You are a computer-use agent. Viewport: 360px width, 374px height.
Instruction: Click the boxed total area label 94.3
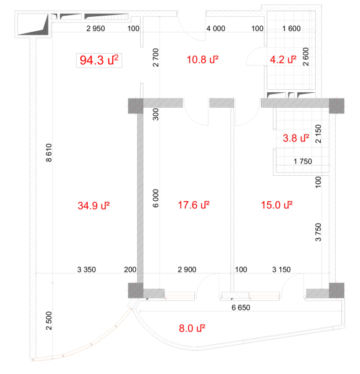click(99, 60)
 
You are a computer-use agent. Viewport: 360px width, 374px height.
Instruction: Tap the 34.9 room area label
click(93, 206)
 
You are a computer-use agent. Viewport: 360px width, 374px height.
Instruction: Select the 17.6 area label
click(194, 205)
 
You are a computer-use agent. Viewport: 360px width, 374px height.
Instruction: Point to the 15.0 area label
click(277, 205)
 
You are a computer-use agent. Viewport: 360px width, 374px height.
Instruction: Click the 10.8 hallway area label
click(202, 59)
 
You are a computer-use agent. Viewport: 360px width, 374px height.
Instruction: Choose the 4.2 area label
click(283, 59)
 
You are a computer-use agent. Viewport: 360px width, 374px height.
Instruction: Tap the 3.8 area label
click(296, 138)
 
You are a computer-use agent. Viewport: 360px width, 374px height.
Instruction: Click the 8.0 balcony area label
click(192, 328)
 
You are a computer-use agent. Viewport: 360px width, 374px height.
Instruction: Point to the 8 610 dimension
click(49, 153)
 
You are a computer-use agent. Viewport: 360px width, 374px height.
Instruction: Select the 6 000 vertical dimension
click(155, 198)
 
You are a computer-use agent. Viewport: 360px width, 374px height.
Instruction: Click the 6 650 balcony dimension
click(241, 307)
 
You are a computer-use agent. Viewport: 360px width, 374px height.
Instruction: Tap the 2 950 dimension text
click(95, 29)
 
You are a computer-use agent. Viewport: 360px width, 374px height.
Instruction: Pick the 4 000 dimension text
click(216, 29)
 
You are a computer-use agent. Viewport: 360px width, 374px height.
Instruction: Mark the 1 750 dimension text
click(303, 161)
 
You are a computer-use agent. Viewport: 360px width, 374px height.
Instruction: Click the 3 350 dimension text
click(87, 269)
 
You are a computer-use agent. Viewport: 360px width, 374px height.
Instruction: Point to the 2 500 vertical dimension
click(49, 321)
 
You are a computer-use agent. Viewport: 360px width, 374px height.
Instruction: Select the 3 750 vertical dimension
click(318, 232)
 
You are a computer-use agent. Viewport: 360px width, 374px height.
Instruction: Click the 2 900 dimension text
click(187, 269)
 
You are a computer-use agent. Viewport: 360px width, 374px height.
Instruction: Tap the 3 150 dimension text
click(282, 269)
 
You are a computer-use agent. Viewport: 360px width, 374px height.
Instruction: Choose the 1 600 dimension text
click(291, 29)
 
